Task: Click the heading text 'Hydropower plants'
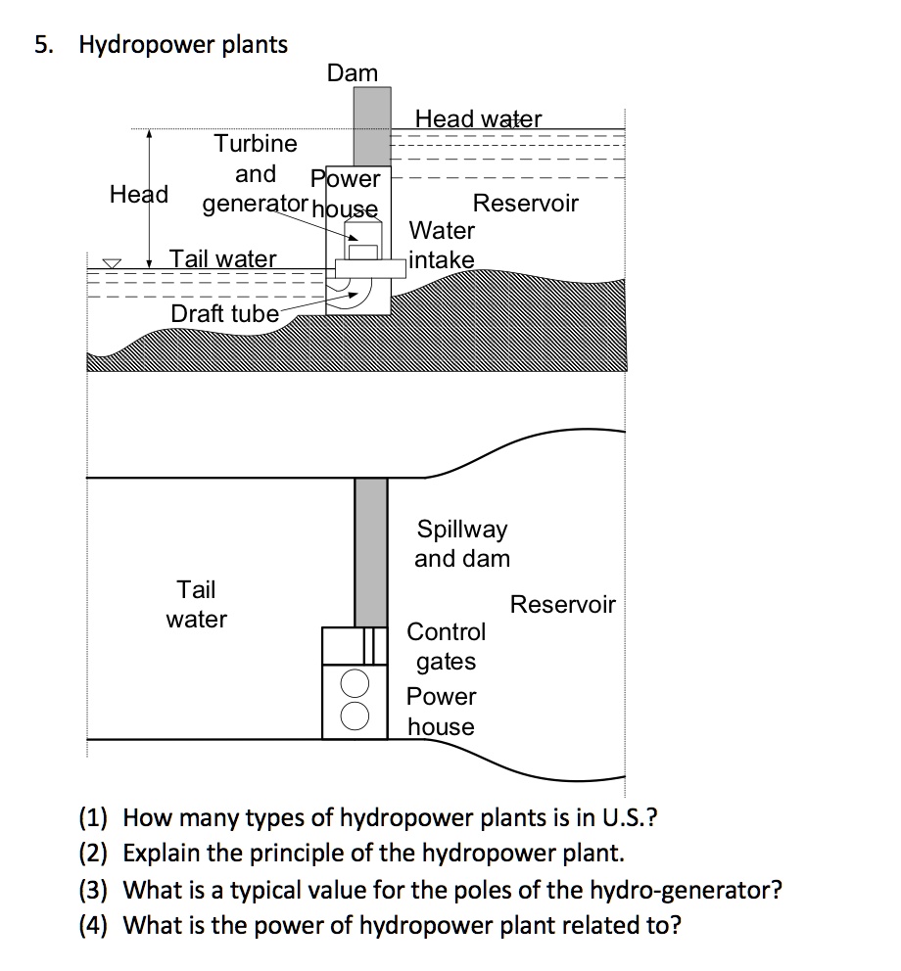183,44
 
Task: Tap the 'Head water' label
478,119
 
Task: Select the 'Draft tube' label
224,313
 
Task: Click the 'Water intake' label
442,245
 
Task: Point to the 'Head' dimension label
138,194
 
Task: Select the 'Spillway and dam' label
462,544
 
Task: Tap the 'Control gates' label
446,646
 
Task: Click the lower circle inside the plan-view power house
355,714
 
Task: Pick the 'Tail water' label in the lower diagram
196,604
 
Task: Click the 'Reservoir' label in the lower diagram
562,604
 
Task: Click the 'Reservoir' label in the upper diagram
525,204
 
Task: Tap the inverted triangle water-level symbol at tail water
114,263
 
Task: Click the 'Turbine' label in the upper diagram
256,144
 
